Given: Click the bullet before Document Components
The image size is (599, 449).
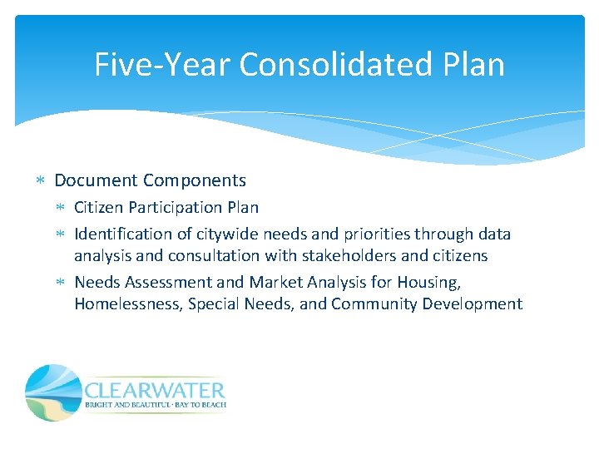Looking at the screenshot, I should (x=42, y=180).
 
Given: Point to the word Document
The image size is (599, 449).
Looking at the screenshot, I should (x=96, y=180).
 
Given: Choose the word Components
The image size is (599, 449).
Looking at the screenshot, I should (x=195, y=180).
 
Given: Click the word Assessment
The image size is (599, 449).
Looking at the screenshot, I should (x=176, y=283).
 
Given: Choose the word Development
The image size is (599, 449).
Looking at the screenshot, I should (x=473, y=303).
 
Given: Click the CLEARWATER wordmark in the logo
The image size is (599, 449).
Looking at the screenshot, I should (x=155, y=390).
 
